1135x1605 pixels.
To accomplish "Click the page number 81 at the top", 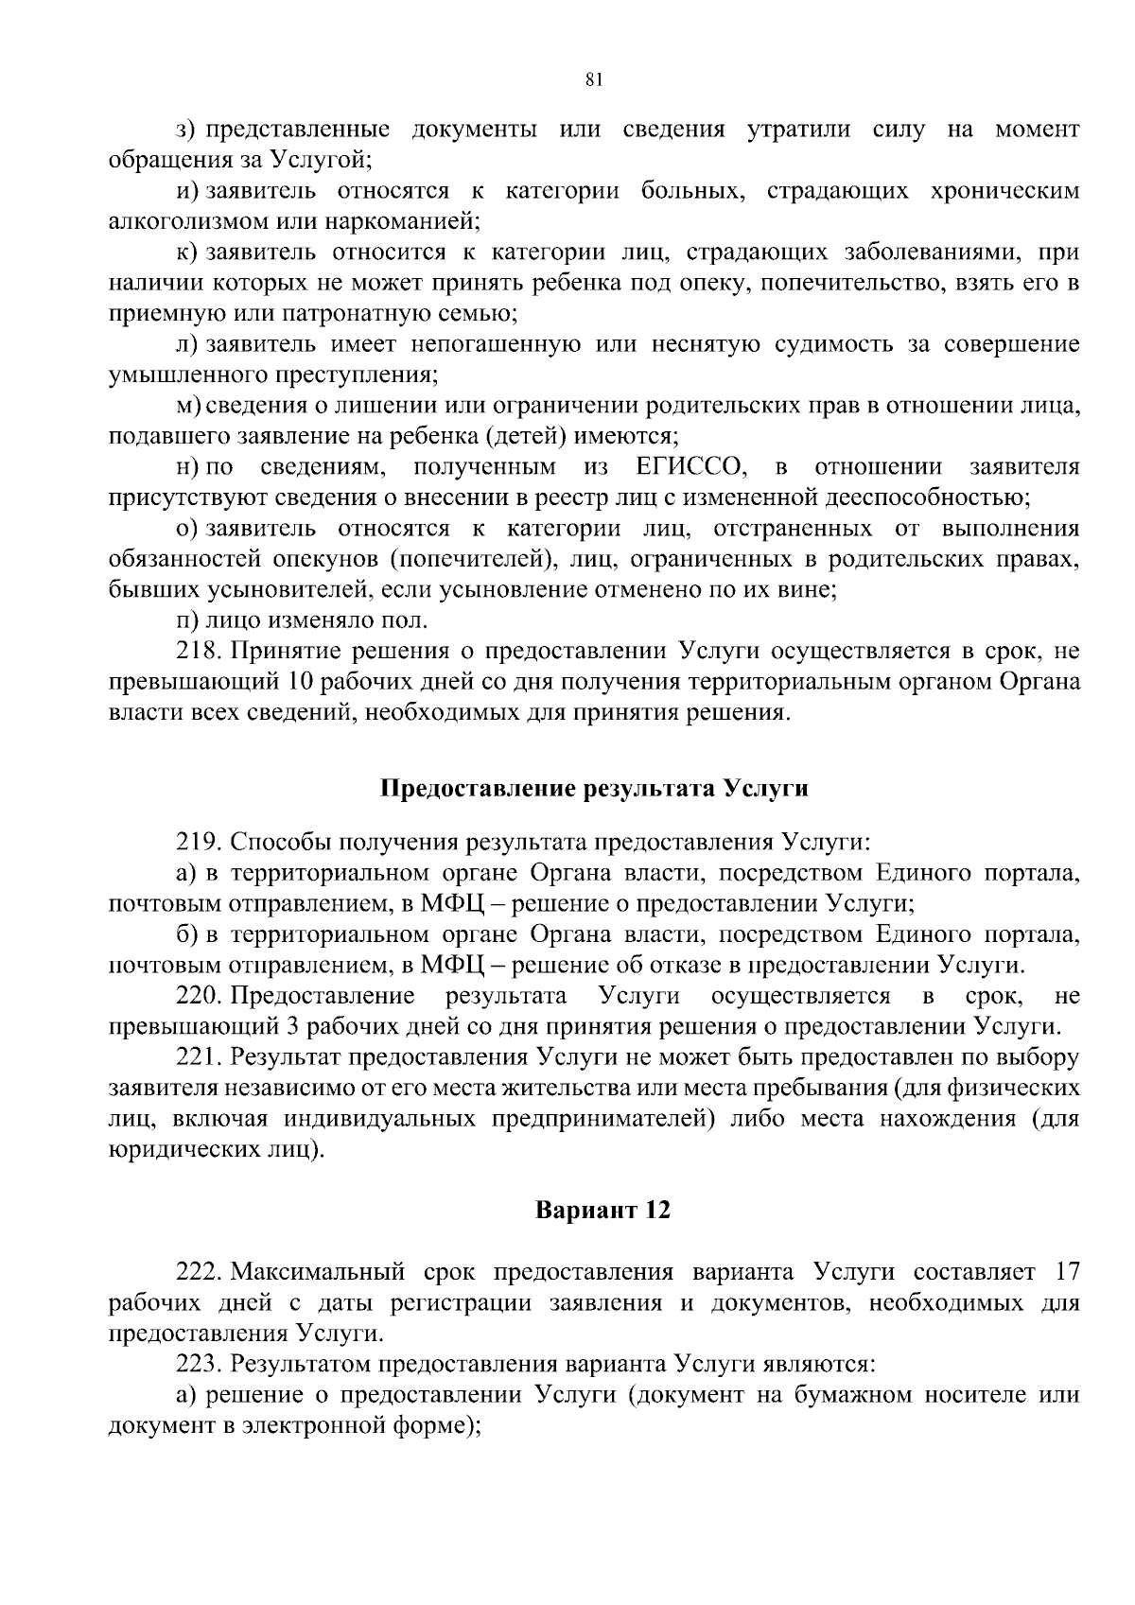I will [x=594, y=81].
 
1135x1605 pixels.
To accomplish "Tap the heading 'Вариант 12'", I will [x=602, y=1211].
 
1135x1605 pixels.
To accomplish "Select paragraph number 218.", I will [x=200, y=652].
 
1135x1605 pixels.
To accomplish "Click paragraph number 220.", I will [x=200, y=996].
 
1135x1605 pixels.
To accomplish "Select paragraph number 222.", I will [x=200, y=1271].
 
